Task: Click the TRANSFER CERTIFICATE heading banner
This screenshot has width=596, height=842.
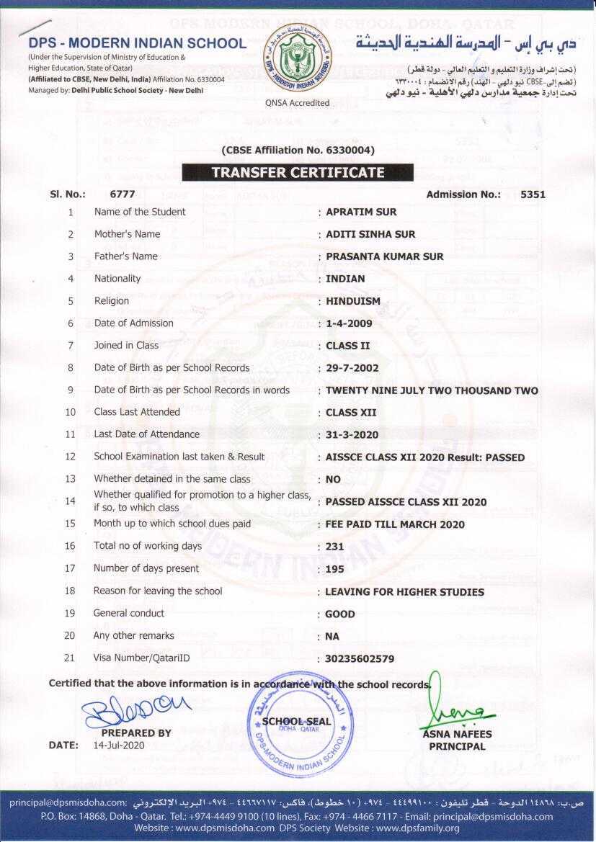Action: point(298,173)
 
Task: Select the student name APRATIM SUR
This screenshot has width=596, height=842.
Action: point(361,212)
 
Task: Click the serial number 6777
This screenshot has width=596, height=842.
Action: point(123,194)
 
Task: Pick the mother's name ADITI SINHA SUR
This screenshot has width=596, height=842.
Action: point(370,235)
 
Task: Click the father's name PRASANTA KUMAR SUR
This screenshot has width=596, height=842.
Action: point(384,257)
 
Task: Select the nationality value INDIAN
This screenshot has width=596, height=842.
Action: point(345,279)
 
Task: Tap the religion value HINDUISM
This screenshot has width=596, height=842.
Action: point(352,302)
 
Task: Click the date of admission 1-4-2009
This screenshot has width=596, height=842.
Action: point(349,324)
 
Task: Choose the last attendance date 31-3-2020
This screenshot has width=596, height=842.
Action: point(352,435)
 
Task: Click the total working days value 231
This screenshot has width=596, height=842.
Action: point(335,547)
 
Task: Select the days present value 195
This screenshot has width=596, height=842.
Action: point(335,569)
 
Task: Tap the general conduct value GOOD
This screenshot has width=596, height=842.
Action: point(340,614)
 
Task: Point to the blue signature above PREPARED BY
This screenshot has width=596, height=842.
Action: point(136,710)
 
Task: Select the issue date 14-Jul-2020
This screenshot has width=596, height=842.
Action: point(119,745)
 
